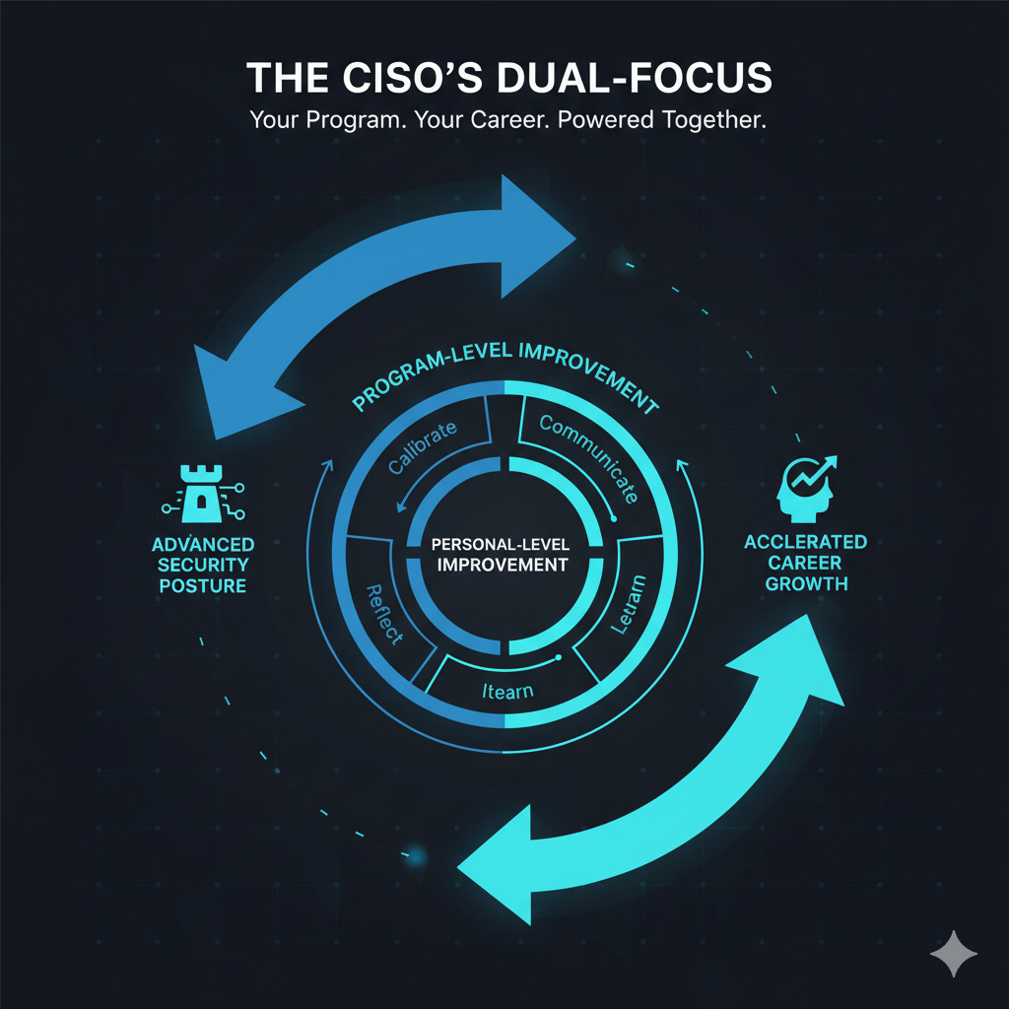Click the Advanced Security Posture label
coord(203,565)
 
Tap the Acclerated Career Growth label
coord(805,562)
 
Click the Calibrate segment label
coord(423,447)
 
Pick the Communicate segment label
coord(589,456)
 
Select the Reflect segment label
coord(384,613)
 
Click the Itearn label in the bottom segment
coord(507,690)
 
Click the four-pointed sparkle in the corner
coord(954,955)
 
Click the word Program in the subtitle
coord(331,121)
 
